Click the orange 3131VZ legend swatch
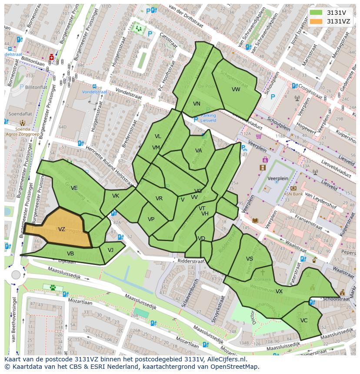pyautogui.click(x=317, y=21)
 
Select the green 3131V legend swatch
pyautogui.click(x=317, y=13)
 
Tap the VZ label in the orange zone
pyautogui.click(x=62, y=229)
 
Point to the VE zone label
pyautogui.click(x=74, y=188)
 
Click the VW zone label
pyautogui.click(x=236, y=89)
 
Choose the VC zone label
pyautogui.click(x=303, y=321)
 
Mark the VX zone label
pyautogui.click(x=279, y=291)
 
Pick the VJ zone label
pyautogui.click(x=110, y=250)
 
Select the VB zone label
pyautogui.click(x=70, y=254)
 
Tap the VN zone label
pyautogui.click(x=197, y=104)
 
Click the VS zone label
pyautogui.click(x=250, y=259)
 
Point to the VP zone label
pyautogui.click(x=151, y=219)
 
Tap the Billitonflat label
pyautogui.click(x=36, y=87)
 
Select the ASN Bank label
pyautogui.click(x=293, y=194)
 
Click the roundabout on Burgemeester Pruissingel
pyautogui.click(x=16, y=275)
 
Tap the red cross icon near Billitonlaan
pyautogui.click(x=52, y=57)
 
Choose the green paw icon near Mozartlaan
pyautogui.click(x=53, y=287)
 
